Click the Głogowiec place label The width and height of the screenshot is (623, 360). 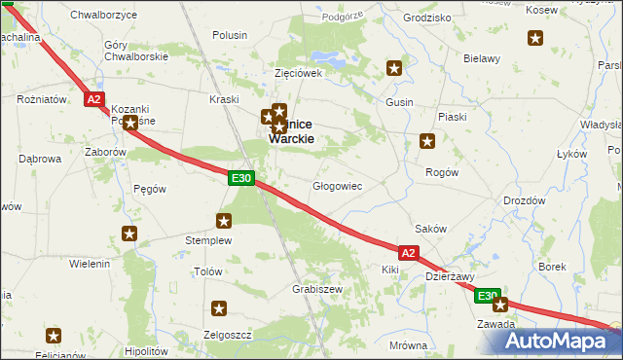pos(337,186)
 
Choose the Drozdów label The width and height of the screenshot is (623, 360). pos(524,200)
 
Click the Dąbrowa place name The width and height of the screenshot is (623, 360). pos(40,159)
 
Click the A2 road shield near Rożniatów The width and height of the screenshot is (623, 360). pos(94,99)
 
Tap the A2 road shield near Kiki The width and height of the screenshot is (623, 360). pos(409,253)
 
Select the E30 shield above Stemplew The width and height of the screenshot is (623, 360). pos(242,178)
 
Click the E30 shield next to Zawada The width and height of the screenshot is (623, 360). pos(488,296)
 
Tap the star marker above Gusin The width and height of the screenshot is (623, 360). pos(394,68)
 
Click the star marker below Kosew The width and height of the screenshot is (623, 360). pos(536,39)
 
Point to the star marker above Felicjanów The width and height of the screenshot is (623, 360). pos(54,336)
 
